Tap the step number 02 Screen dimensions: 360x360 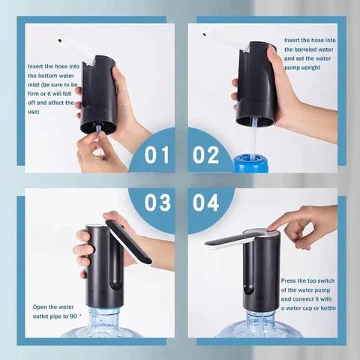(x=205, y=155)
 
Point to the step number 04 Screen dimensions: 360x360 (x=205, y=203)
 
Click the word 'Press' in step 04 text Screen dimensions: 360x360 (x=290, y=280)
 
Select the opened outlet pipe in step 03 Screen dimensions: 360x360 (x=128, y=241)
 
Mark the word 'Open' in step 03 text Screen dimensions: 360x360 (x=40, y=307)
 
